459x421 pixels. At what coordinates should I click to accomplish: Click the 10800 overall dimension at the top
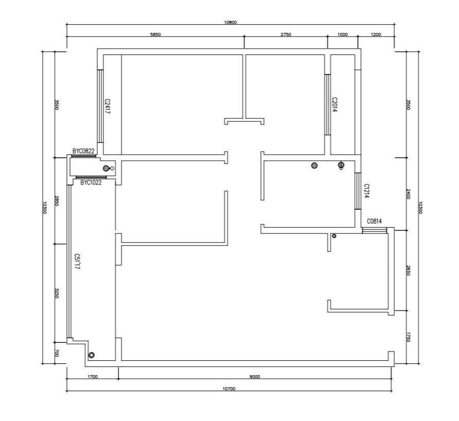point(231,23)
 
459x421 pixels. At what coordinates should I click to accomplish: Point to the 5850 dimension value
point(155,34)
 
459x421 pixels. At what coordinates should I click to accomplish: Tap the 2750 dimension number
point(286,34)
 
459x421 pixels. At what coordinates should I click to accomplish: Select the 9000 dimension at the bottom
point(255,377)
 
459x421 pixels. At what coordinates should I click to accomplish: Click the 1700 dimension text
point(93,377)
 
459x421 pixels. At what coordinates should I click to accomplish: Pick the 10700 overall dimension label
point(229,389)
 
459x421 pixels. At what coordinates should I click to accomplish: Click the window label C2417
point(107,106)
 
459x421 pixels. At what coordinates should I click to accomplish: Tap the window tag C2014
point(334,105)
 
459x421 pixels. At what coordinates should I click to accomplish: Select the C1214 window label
point(366,191)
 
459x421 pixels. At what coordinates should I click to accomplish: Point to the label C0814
point(375,221)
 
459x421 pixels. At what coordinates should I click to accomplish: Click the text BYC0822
point(83,151)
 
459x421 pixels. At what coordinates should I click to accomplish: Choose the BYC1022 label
point(91,182)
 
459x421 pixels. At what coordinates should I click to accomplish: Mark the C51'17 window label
point(77,261)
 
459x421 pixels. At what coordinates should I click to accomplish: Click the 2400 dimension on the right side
point(409,194)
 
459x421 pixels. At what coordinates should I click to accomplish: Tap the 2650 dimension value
point(409,270)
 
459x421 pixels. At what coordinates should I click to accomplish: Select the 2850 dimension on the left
point(57,200)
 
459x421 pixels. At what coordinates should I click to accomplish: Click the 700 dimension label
point(57,353)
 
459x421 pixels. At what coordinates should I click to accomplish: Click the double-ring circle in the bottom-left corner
point(91,355)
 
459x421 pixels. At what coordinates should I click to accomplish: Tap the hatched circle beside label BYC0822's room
point(106,168)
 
